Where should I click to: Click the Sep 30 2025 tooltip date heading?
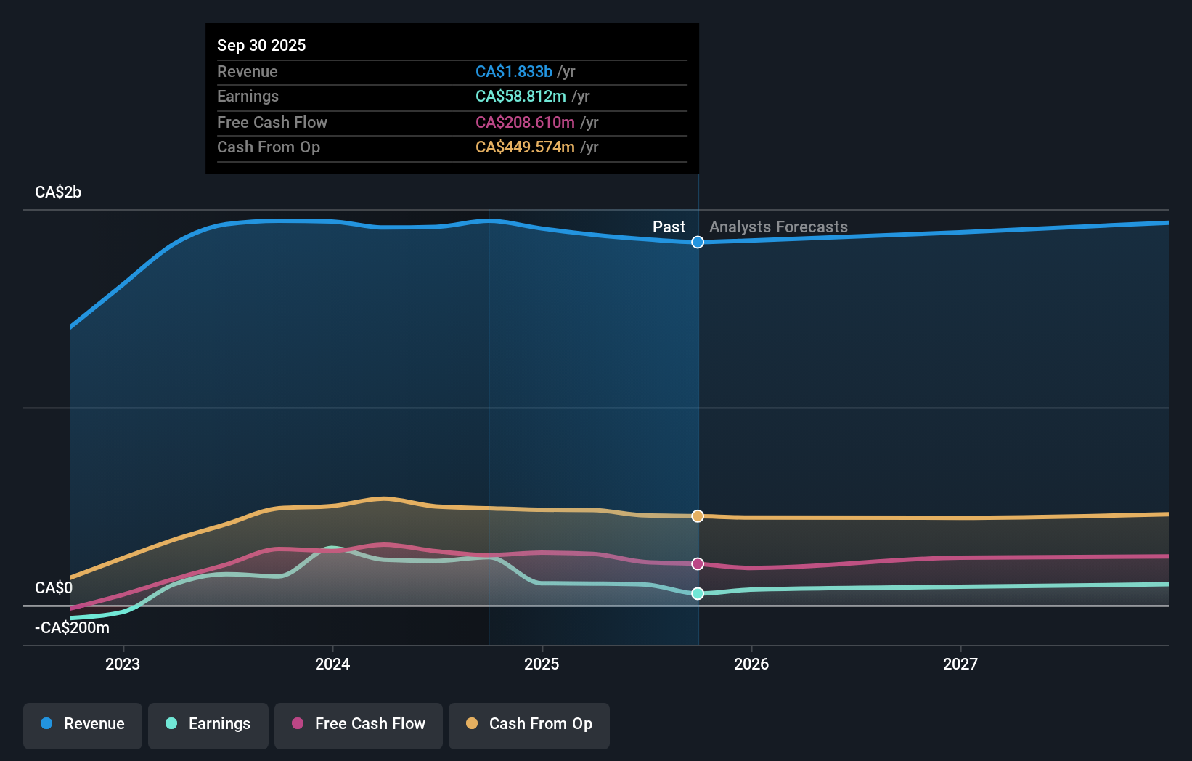(x=261, y=45)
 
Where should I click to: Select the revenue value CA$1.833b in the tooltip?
(x=513, y=71)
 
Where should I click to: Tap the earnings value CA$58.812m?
(x=521, y=97)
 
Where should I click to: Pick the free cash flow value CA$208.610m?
(x=525, y=122)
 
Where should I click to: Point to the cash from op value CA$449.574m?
(x=525, y=147)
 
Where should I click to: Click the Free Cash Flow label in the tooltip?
(x=272, y=122)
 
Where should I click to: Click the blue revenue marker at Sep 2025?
(x=698, y=242)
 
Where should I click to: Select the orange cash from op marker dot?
(x=698, y=516)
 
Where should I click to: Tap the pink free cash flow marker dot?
(x=698, y=563)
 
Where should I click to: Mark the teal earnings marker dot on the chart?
(x=698, y=593)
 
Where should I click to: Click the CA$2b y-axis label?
(x=58, y=192)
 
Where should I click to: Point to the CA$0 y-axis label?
(x=54, y=587)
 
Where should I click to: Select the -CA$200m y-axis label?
(x=73, y=627)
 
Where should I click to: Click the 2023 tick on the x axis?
(x=123, y=664)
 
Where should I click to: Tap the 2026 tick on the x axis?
(x=751, y=664)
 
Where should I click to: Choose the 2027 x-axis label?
(x=960, y=664)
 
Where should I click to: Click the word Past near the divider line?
(x=669, y=227)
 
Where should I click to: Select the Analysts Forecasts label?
(x=778, y=227)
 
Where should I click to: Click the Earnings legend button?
(x=208, y=724)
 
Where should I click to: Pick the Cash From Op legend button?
(x=529, y=724)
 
